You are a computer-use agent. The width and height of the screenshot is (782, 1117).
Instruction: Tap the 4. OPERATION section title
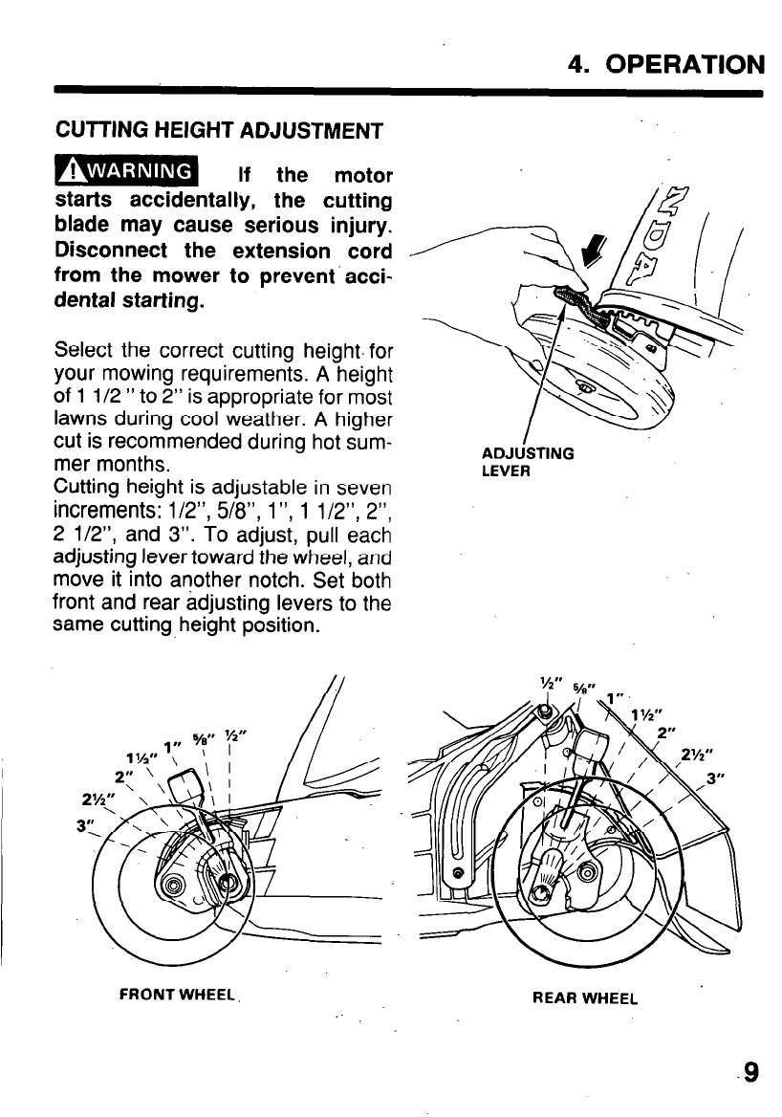pos(666,64)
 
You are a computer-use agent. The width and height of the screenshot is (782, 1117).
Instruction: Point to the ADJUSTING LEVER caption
pos(528,462)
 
